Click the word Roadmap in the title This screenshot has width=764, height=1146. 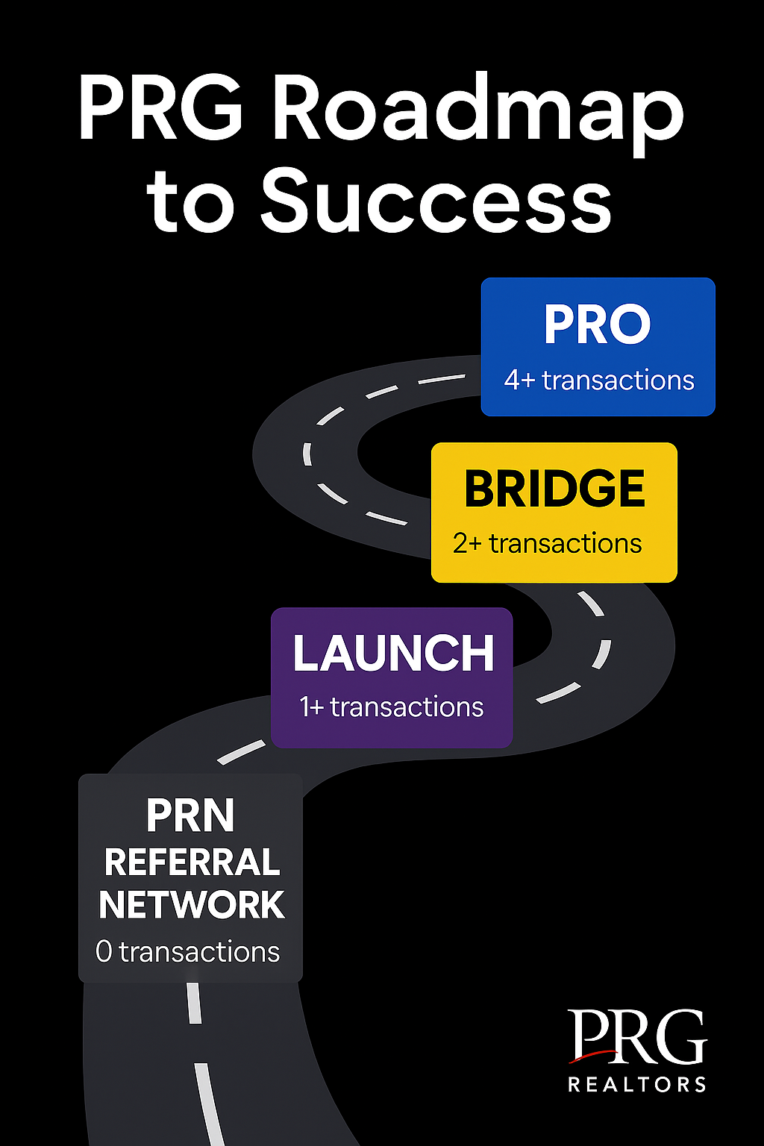pos(478,113)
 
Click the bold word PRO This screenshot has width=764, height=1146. pos(597,325)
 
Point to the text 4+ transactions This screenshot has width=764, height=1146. pos(598,380)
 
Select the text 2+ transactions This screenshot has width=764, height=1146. pos(547,543)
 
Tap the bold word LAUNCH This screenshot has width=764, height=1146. pos(393,653)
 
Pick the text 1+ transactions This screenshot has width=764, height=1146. pos(392,707)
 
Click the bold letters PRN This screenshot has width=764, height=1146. pos(190,815)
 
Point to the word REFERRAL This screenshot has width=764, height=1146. pos(192,862)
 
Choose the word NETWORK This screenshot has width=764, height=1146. pos(192,905)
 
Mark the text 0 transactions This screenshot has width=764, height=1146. pos(187,951)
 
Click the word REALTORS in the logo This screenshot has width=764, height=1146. pos(637,1084)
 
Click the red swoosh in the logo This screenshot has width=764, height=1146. pos(594,1055)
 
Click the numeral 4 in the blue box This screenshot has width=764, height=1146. pos(512,381)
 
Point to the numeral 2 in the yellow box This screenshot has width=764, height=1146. pos(460,543)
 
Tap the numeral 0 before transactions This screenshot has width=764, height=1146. pos(104,952)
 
